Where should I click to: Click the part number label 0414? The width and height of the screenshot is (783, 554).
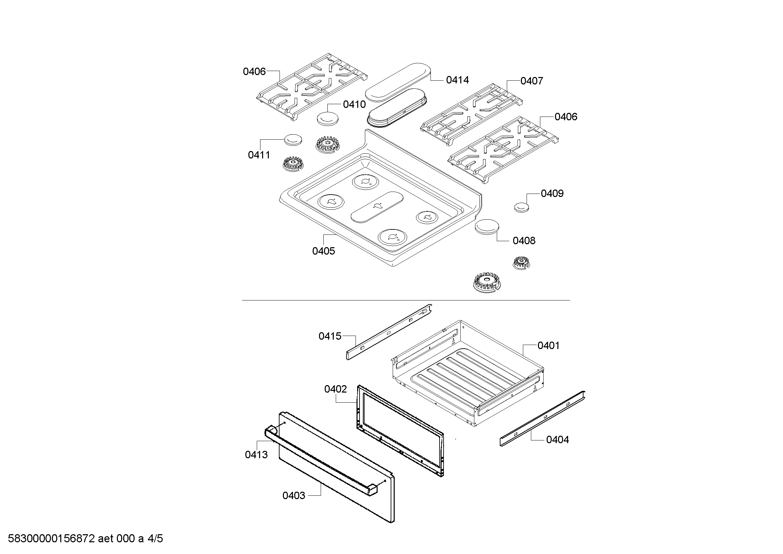457,80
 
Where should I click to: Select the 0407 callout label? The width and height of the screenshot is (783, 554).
532,81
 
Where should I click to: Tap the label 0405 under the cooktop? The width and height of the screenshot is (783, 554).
324,251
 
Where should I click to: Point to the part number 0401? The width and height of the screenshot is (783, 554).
549,346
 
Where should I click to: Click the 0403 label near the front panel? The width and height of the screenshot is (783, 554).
294,495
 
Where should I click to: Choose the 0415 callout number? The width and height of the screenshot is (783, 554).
330,336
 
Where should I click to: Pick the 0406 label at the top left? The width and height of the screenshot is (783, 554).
254,71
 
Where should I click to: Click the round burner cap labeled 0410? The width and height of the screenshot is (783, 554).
328,119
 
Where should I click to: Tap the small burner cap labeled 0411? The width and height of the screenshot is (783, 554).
293,140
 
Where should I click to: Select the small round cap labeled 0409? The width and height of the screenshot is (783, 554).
522,207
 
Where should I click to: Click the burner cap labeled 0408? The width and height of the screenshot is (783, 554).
487,227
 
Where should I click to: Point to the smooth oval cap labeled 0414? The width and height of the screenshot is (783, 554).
398,82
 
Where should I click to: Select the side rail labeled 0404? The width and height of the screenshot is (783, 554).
543,418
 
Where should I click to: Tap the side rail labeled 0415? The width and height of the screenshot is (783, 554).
389,332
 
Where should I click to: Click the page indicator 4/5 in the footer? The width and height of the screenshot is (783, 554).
155,539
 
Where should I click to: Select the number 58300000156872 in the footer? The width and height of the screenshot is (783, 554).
51,539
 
